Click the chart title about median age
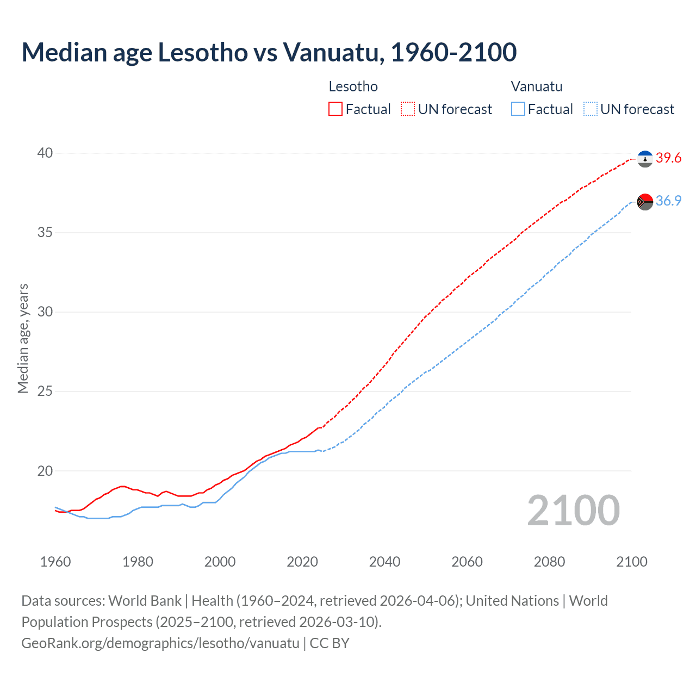(269, 52)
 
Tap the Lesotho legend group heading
(353, 86)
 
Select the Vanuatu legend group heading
(536, 86)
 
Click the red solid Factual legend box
(335, 109)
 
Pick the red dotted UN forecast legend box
(408, 109)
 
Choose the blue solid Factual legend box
(518, 109)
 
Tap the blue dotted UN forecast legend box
(590, 109)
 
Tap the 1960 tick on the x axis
(55, 562)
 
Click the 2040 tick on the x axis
(384, 562)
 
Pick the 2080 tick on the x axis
(549, 562)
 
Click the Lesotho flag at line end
(645, 159)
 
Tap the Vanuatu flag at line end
(645, 202)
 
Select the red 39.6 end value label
(668, 158)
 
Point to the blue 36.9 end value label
(668, 201)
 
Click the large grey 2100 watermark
(573, 511)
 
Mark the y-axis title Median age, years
(23, 338)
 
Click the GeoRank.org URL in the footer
(160, 643)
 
